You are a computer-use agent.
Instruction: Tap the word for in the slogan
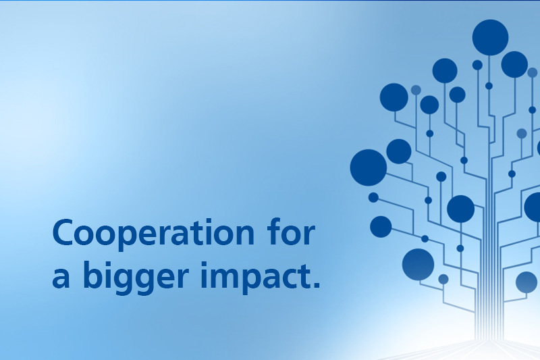[292, 231]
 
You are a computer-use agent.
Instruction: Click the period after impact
[316, 284]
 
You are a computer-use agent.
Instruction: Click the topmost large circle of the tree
[490, 38]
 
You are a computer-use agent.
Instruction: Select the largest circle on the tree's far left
[368, 168]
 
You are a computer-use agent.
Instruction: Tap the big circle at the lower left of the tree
[418, 265]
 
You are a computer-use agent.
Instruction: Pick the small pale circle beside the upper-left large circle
[416, 90]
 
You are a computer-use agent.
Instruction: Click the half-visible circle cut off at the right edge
[533, 207]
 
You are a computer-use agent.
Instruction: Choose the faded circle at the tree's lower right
[526, 282]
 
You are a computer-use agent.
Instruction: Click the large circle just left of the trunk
[460, 209]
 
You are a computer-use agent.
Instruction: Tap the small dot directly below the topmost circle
[489, 86]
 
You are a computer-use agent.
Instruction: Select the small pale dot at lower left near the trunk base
[443, 279]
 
